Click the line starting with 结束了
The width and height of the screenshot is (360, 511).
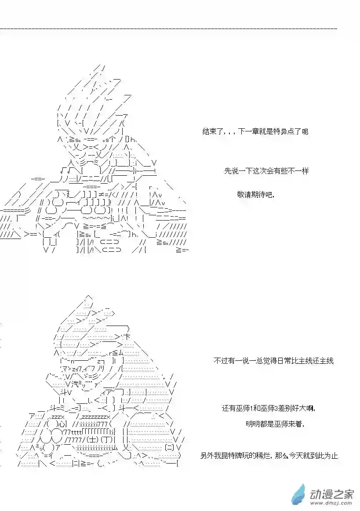point(255,132)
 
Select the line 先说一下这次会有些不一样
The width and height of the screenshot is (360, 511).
point(266,171)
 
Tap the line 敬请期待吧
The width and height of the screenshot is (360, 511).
point(256,195)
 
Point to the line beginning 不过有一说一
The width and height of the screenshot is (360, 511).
point(273,360)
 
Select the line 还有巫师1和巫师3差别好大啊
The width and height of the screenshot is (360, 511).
point(269,408)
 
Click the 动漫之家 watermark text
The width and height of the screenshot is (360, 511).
point(331,495)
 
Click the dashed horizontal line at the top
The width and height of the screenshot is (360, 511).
point(169,29)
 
